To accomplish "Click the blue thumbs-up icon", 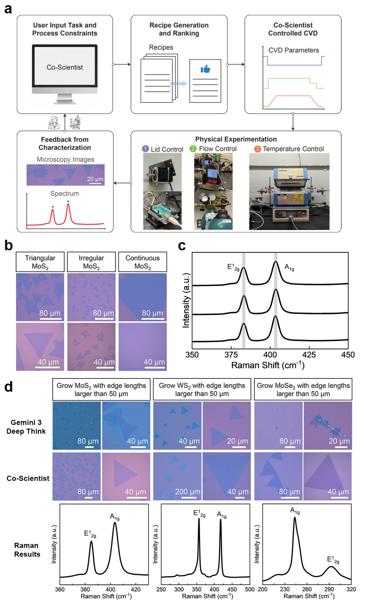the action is pos(205,69).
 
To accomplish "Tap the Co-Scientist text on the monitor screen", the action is pos(65,67).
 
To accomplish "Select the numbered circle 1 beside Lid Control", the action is pos(146,149).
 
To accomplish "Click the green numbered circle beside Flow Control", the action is pos(193,149).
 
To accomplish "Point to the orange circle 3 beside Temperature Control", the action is pos(258,149).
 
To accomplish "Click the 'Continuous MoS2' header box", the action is pos(143,262).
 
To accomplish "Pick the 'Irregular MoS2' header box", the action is pos(91,262).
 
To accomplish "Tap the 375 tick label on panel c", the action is pos(231,355).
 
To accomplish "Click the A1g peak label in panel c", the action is pos(289,267).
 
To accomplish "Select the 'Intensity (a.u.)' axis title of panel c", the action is pos(186,300).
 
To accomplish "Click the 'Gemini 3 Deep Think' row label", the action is pos(26,427).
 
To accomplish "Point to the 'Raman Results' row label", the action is pos(27,550).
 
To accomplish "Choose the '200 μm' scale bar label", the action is pos(188,492).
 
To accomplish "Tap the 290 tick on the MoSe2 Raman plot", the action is pos(329,589).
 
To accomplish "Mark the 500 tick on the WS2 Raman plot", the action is pos(250,589).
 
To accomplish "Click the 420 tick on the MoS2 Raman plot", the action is pos(136,589).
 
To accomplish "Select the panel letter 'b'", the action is pos(9,245).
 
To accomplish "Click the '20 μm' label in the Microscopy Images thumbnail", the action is pos(95,179).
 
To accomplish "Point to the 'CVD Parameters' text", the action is pos(294,50).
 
